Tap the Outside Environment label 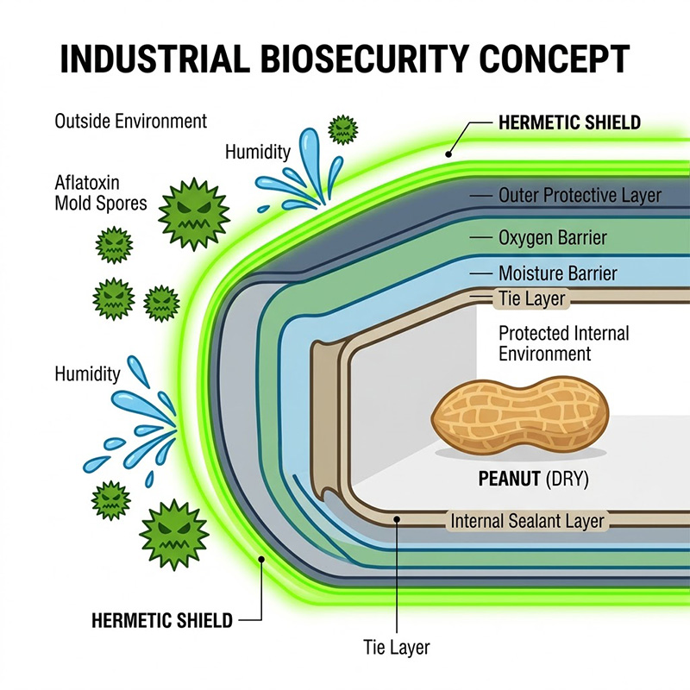(x=131, y=121)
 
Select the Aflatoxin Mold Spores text (x=101, y=193)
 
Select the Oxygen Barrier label (x=552, y=236)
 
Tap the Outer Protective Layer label (x=580, y=196)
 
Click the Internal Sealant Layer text (x=527, y=521)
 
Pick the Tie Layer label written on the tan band (x=532, y=299)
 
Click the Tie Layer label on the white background (x=398, y=646)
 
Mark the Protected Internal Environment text (x=564, y=342)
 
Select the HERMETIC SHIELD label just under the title (x=569, y=122)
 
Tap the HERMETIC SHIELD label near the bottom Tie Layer (x=162, y=619)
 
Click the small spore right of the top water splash (x=344, y=129)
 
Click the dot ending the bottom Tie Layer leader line (x=397, y=519)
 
